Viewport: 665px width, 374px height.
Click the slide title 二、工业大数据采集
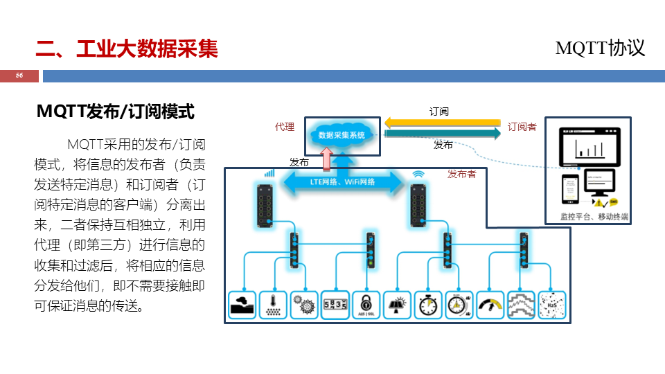(127, 49)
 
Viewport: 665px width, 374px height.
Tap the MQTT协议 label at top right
(600, 48)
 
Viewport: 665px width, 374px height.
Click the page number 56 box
(19, 75)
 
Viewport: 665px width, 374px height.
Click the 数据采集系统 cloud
(342, 135)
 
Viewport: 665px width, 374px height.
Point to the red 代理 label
(285, 127)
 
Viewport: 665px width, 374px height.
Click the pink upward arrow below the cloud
(326, 159)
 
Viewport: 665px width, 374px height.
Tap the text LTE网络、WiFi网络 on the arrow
(342, 181)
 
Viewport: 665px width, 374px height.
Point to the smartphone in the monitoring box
(569, 189)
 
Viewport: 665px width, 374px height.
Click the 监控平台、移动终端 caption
(594, 217)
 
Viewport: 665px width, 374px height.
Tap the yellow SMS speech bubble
(613, 202)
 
